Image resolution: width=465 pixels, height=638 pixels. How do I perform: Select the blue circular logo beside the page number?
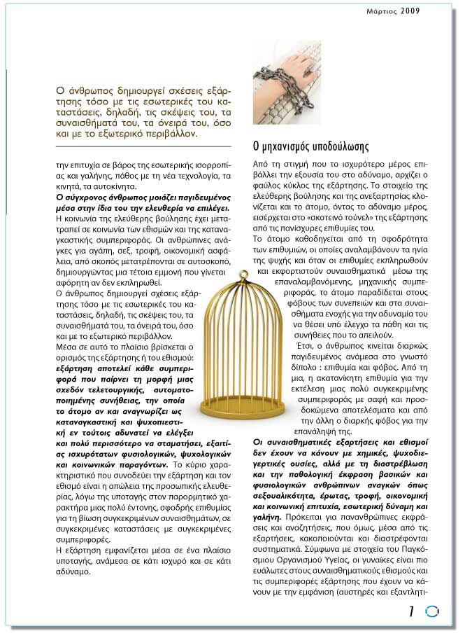[431, 611]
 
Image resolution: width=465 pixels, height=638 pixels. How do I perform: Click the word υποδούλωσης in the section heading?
[336, 147]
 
